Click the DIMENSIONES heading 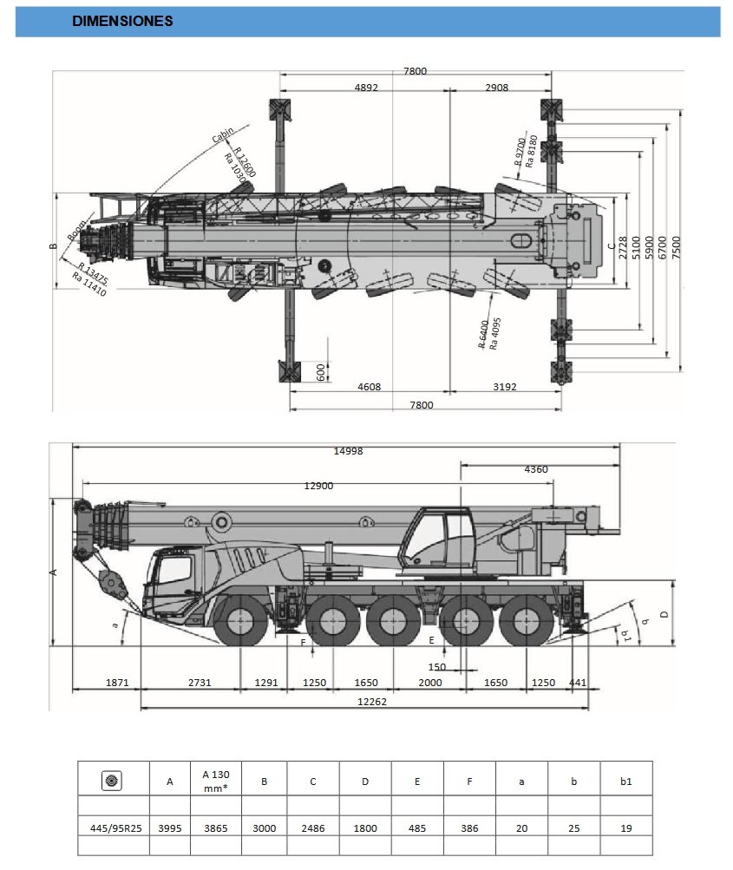[x=122, y=22]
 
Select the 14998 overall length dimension [x=347, y=451]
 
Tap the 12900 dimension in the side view [x=318, y=486]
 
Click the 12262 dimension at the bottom [x=372, y=702]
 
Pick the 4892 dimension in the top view [x=366, y=88]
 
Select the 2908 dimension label [x=497, y=88]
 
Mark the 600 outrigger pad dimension [x=320, y=372]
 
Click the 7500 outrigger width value [x=688, y=248]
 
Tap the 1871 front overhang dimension [x=117, y=683]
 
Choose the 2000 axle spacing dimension [x=429, y=683]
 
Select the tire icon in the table [x=112, y=781]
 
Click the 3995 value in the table [x=170, y=828]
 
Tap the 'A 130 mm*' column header [x=215, y=781]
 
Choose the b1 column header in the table [x=625, y=781]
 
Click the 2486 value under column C [x=313, y=828]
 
